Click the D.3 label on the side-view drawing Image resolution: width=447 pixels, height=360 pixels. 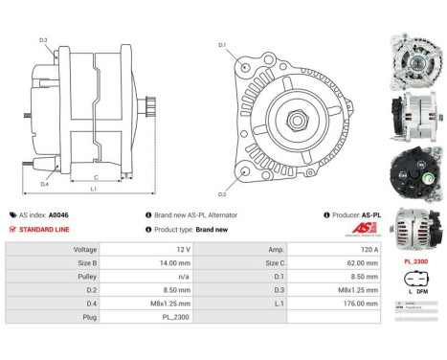tap(43, 39)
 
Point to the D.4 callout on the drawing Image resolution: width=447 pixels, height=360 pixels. tap(45, 184)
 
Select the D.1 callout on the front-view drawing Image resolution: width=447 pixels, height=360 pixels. tap(222, 45)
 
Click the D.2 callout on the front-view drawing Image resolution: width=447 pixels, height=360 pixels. tap(223, 192)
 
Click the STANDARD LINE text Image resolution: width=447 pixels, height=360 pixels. tap(44, 230)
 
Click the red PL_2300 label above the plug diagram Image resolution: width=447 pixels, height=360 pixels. tap(415, 261)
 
